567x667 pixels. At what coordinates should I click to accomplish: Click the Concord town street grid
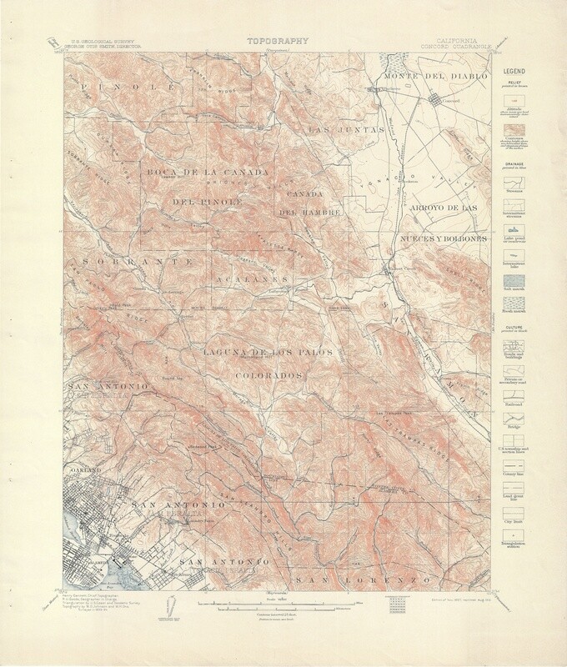pos(440,101)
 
